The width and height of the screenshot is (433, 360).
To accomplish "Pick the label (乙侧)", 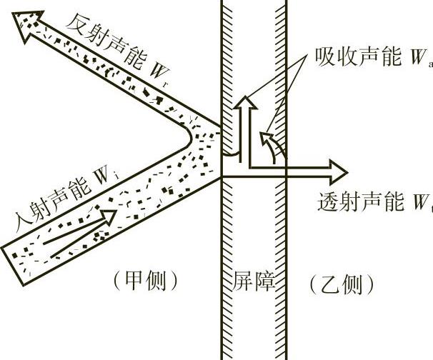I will pyautogui.click(x=342, y=285).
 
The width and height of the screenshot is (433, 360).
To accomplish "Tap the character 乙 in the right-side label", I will pyautogui.click(x=332, y=285).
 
